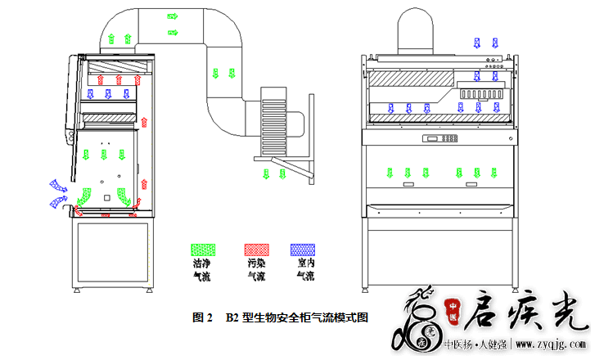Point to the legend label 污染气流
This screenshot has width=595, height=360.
256,270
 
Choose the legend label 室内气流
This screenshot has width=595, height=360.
304,270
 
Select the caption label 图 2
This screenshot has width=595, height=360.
202,317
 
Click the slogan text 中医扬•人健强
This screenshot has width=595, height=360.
474,344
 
